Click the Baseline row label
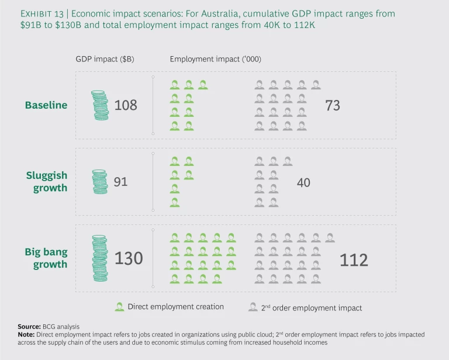point(46,105)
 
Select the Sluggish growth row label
point(47,182)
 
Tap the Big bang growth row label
point(46,258)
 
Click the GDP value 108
point(126,105)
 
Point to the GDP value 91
point(120,182)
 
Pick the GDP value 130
point(129,258)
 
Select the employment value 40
point(303,182)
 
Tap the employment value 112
point(354,259)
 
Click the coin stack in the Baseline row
point(101,105)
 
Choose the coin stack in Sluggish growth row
point(100,182)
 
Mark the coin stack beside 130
point(101,258)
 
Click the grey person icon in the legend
point(253,307)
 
